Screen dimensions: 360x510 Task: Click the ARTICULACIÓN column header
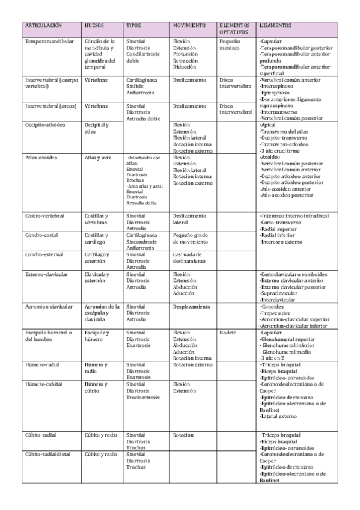[x=44, y=26]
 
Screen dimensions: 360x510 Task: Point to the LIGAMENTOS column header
[x=275, y=26]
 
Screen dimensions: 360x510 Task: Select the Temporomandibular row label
[x=50, y=41]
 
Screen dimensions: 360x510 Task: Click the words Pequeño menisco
[x=230, y=45]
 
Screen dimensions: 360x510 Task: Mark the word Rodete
[x=228, y=332]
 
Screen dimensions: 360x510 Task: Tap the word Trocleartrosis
[x=143, y=397]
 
